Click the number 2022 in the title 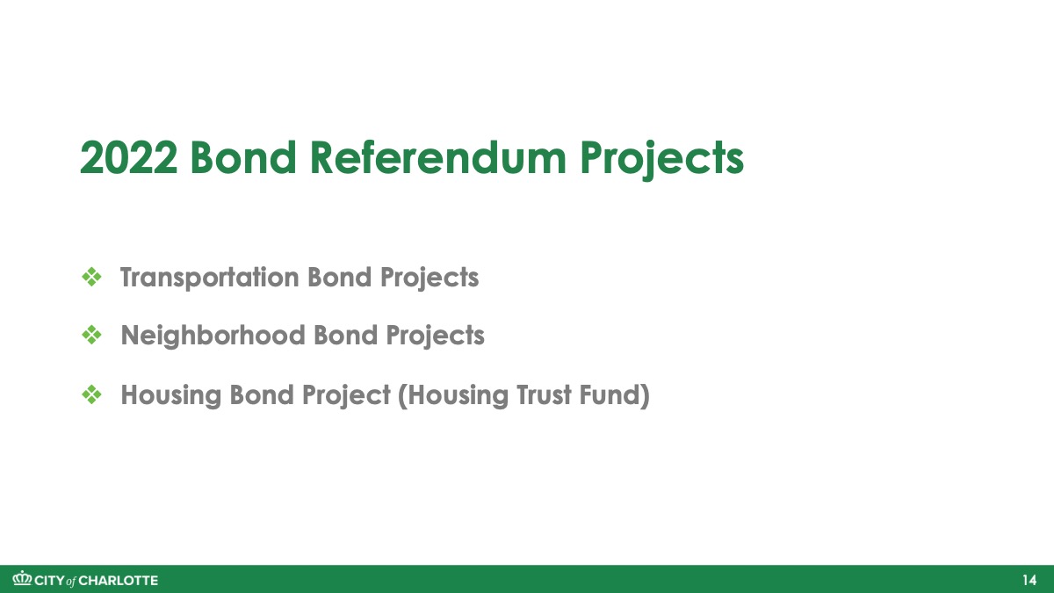coord(129,157)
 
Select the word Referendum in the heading coord(438,157)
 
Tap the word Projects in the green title coord(662,161)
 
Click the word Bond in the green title coord(243,157)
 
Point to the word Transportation coord(209,278)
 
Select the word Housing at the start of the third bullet coord(170,395)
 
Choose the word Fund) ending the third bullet coord(615,394)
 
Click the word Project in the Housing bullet coord(346,395)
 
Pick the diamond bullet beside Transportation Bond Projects coord(91,278)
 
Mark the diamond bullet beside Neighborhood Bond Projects coord(91,335)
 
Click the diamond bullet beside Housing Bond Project coord(91,394)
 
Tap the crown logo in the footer coord(22,578)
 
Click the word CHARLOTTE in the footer coord(119,581)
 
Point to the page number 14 coord(1029,581)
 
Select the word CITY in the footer coord(50,581)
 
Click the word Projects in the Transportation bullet coord(430,278)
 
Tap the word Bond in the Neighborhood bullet coord(346,335)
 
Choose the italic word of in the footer coord(71,582)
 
